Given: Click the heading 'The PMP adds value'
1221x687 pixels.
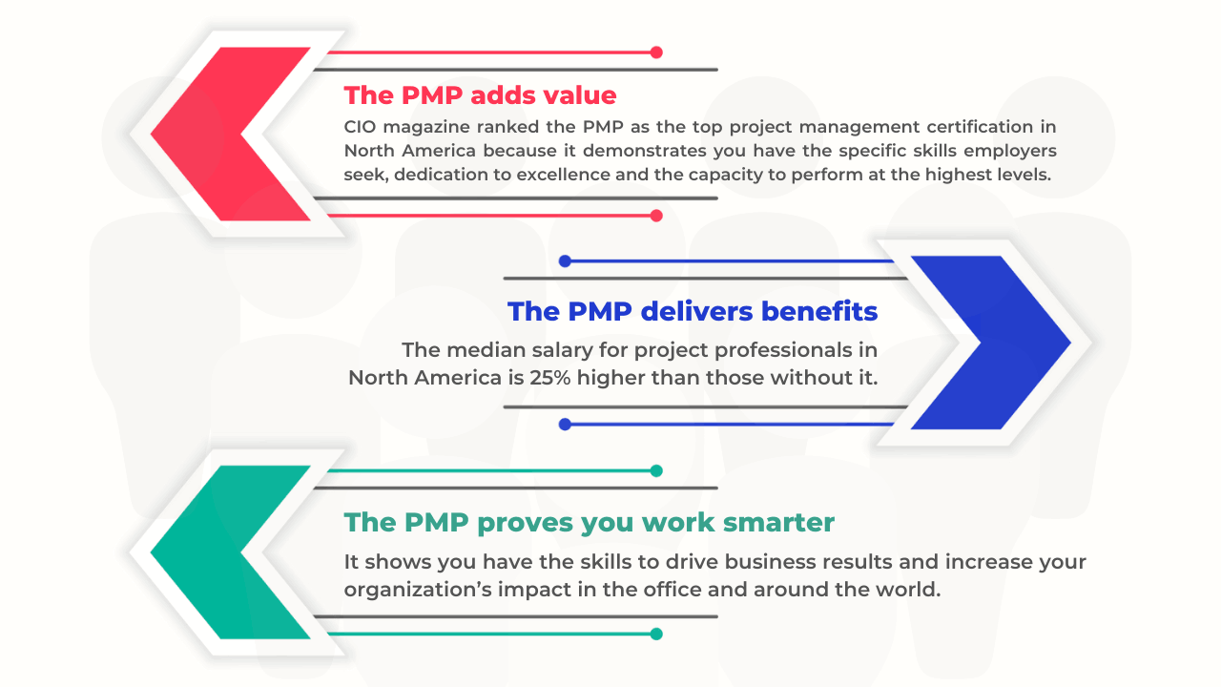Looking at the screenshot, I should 480,95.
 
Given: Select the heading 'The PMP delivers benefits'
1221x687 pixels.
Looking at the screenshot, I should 693,311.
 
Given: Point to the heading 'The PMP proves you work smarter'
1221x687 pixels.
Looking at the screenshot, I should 589,522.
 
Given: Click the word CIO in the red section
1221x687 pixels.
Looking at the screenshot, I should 362,126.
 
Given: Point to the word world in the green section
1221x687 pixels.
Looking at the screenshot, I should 910,589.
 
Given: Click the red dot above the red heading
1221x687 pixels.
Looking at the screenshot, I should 656,52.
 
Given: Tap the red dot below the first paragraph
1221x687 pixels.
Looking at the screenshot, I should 656,216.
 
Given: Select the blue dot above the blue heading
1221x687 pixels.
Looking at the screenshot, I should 565,260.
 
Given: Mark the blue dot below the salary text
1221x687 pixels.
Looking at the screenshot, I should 565,424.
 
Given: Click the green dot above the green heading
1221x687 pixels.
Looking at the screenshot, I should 656,470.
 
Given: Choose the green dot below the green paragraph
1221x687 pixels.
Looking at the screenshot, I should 656,634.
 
